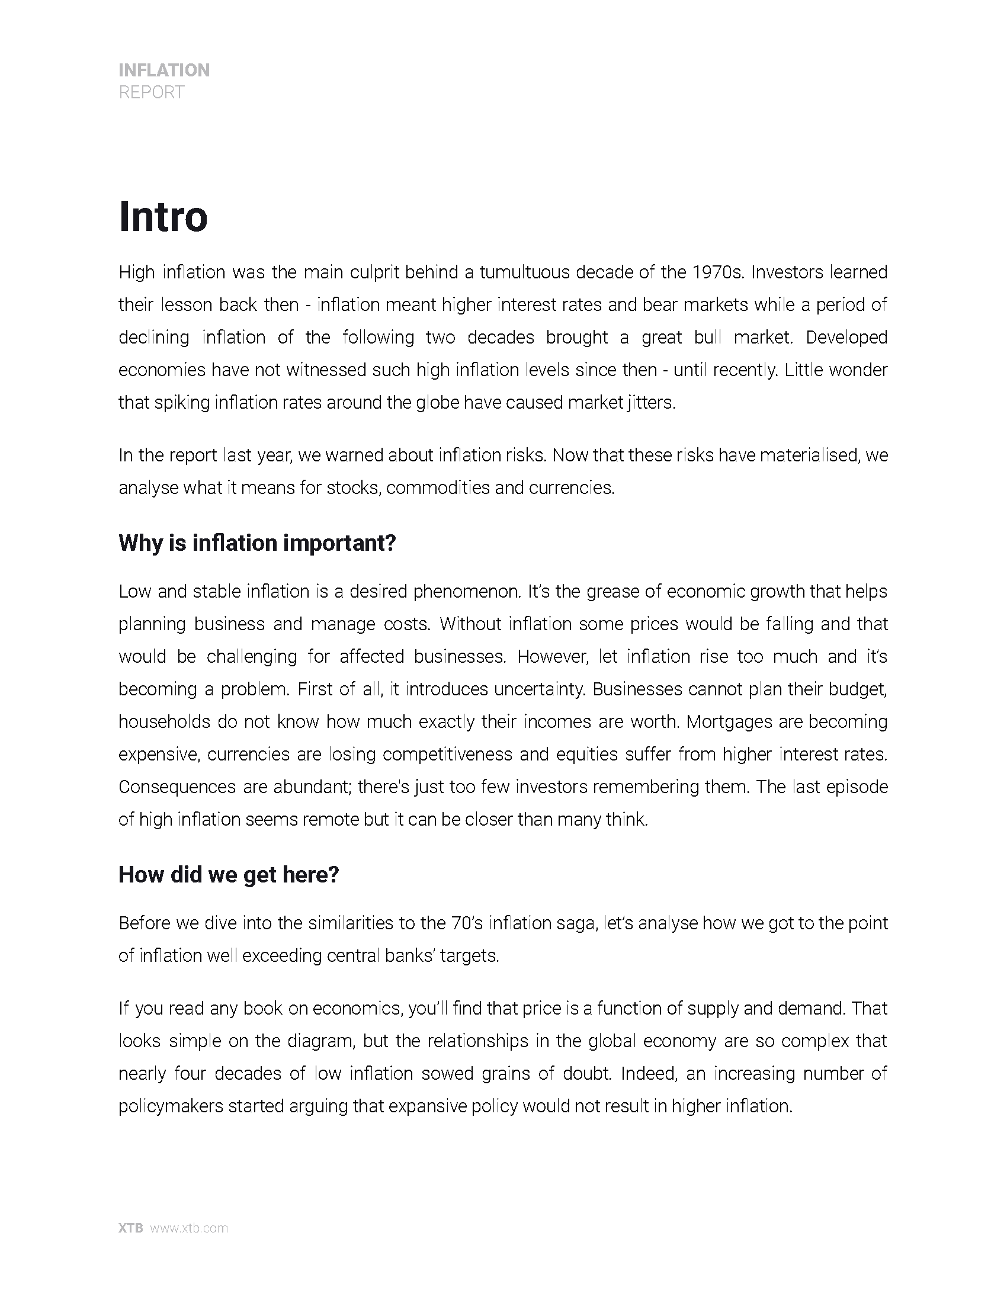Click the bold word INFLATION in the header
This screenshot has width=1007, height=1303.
click(164, 70)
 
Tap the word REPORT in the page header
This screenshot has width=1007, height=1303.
click(152, 92)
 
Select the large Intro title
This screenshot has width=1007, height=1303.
click(163, 217)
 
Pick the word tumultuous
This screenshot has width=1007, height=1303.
click(525, 272)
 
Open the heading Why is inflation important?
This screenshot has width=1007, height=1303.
click(257, 543)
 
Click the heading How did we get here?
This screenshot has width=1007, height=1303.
click(229, 875)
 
